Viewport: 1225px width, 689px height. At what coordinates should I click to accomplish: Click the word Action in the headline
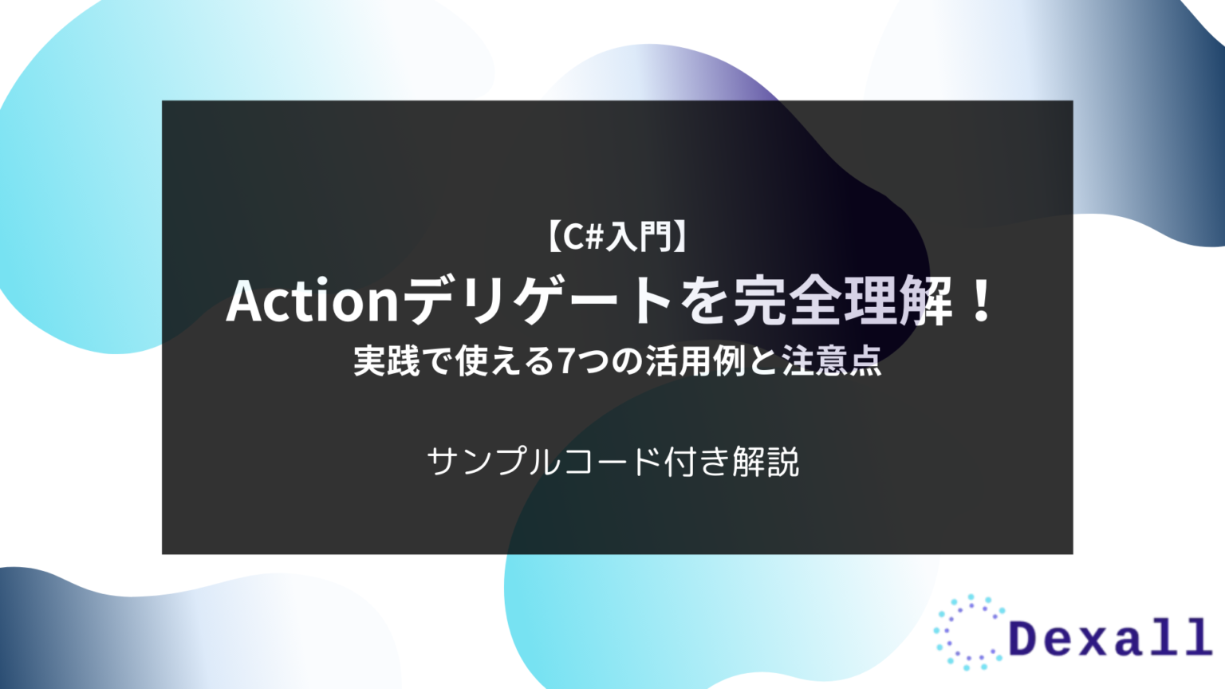pos(312,301)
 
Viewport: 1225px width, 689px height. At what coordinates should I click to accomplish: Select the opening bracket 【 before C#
pos(554,237)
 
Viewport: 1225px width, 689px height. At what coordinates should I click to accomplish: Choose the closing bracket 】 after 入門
pos(680,237)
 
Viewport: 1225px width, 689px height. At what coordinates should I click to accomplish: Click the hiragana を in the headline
pos(704,301)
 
